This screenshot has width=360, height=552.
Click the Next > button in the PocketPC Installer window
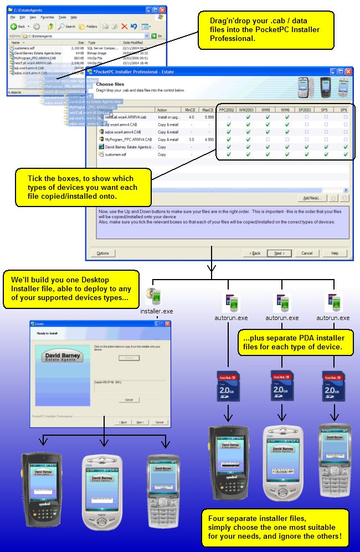coord(279,253)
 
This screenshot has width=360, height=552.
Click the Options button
coord(103,253)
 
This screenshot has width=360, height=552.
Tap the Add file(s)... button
coord(312,198)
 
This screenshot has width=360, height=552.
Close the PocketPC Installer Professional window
coord(348,71)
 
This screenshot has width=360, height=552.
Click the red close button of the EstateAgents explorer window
coord(162,10)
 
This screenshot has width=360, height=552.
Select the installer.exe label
coord(156,311)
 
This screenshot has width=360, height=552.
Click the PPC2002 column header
coord(226,110)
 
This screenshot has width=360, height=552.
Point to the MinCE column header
coord(192,110)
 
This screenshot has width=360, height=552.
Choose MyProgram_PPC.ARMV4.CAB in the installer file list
coord(128,140)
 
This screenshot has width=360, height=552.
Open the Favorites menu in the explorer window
coord(47,17)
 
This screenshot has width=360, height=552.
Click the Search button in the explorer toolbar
coord(67,26)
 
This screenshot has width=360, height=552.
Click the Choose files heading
coord(110,84)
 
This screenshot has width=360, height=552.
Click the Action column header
coord(162,110)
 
